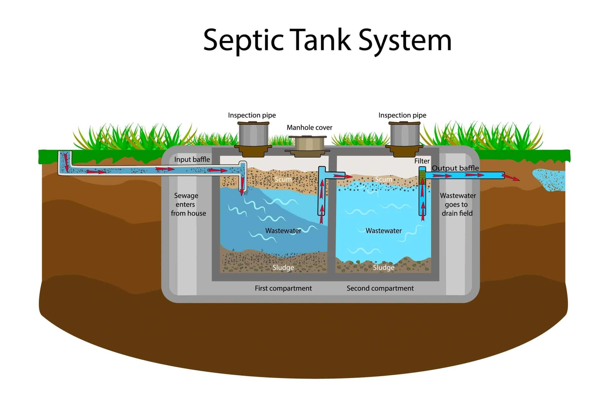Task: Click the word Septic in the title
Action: (243, 41)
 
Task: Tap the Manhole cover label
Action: (309, 128)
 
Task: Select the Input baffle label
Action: (192, 160)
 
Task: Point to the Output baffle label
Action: (455, 168)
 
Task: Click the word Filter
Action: (422, 161)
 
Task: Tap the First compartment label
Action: (283, 288)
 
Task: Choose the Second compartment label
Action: (380, 288)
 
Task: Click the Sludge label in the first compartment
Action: (283, 268)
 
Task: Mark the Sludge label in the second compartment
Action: (383, 268)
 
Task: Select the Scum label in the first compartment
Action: (283, 180)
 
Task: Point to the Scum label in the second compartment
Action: (383, 180)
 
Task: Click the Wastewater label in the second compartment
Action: (383, 231)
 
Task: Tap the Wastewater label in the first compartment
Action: (283, 231)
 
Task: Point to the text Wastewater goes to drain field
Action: (457, 205)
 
